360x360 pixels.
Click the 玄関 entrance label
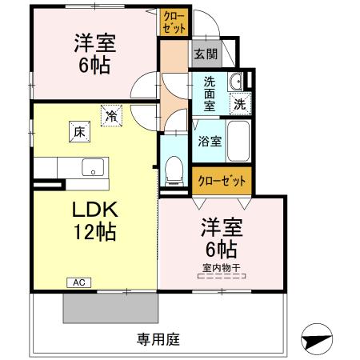coord(205,54)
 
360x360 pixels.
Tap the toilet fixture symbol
coord(173,169)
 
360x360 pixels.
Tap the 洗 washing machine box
coord(239,102)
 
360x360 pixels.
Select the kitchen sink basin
coord(93,168)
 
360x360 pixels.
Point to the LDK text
coord(96,210)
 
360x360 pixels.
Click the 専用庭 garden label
coord(155,338)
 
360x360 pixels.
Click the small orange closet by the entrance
coord(174,22)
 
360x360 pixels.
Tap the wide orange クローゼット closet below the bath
coord(221,180)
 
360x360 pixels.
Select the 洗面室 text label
coord(209,94)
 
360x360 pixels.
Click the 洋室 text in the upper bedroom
coord(94,42)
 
